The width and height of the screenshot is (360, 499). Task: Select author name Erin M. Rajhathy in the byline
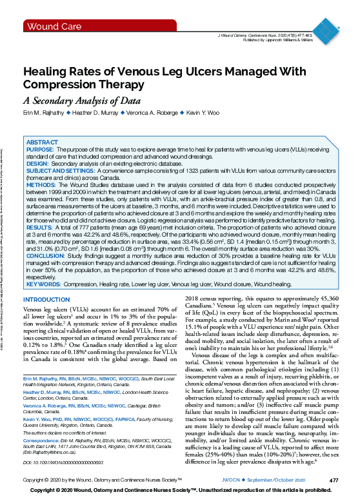46,113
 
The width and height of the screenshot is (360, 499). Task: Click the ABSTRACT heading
43,142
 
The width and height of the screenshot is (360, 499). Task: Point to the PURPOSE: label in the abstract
40,149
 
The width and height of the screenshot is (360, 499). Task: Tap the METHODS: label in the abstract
41,183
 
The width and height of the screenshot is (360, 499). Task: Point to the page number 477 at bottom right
334,481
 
